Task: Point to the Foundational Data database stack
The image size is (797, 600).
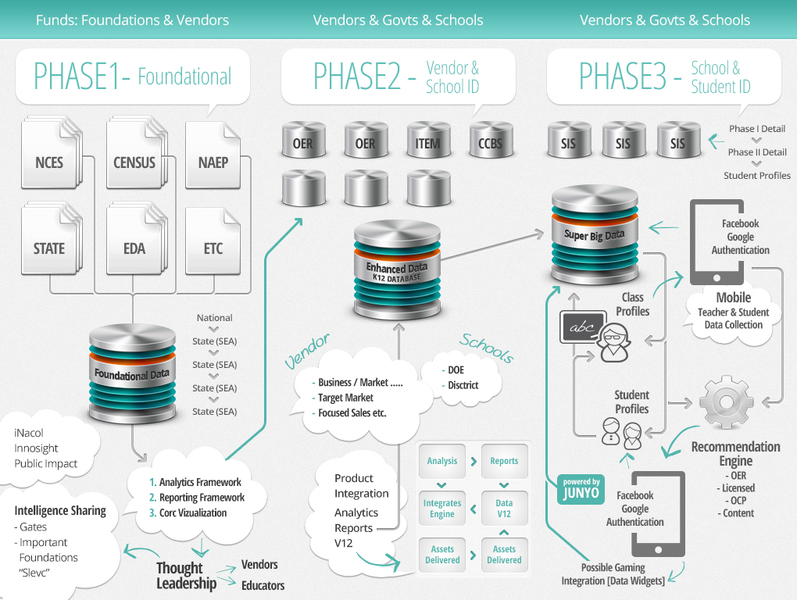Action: click(x=131, y=373)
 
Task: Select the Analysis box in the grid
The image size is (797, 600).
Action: click(x=442, y=461)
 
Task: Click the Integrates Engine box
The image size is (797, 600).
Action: click(x=442, y=509)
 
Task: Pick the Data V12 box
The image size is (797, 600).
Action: click(x=504, y=509)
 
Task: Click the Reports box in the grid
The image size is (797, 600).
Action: click(x=504, y=461)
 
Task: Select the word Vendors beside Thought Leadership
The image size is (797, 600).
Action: click(x=259, y=564)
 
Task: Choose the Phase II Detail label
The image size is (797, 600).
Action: click(x=757, y=152)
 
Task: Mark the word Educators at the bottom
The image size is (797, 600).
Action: click(x=263, y=585)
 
